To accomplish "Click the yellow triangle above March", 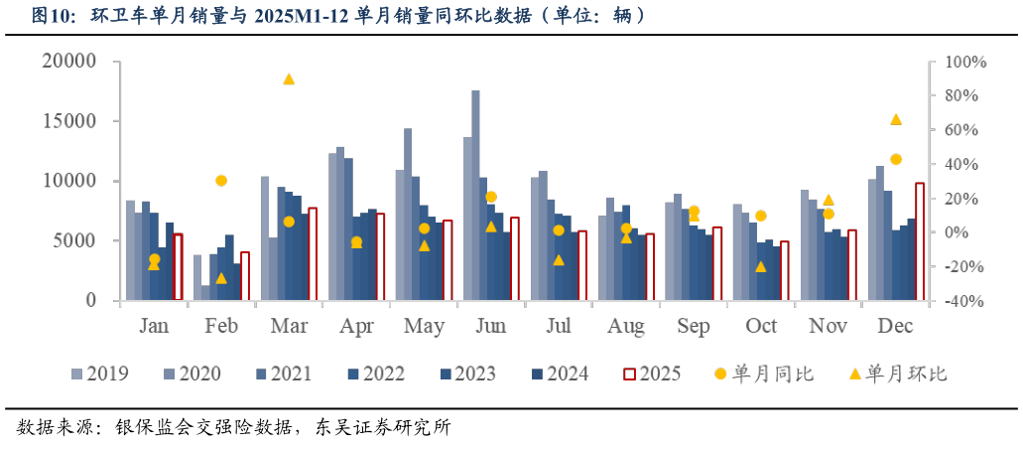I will pyautogui.click(x=289, y=78).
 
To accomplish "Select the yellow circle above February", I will pyautogui.click(x=221, y=181).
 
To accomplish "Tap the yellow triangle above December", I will pyautogui.click(x=895, y=119).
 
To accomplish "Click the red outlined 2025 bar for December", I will pyautogui.click(x=920, y=241).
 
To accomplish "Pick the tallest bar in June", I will pyautogui.click(x=475, y=195).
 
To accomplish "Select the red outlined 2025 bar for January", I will pyautogui.click(x=178, y=266).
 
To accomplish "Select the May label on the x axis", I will pyautogui.click(x=424, y=327).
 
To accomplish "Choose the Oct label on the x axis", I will pyautogui.click(x=761, y=327).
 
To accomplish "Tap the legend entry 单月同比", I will pyautogui.click(x=763, y=374).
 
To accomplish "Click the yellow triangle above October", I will pyautogui.click(x=761, y=266).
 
